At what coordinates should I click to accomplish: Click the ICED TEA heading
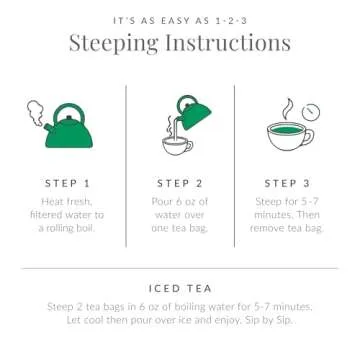(179, 286)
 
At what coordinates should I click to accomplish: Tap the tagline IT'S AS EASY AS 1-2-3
(180, 17)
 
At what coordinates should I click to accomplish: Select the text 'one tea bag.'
(181, 229)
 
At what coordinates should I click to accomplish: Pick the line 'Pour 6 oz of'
(181, 203)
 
